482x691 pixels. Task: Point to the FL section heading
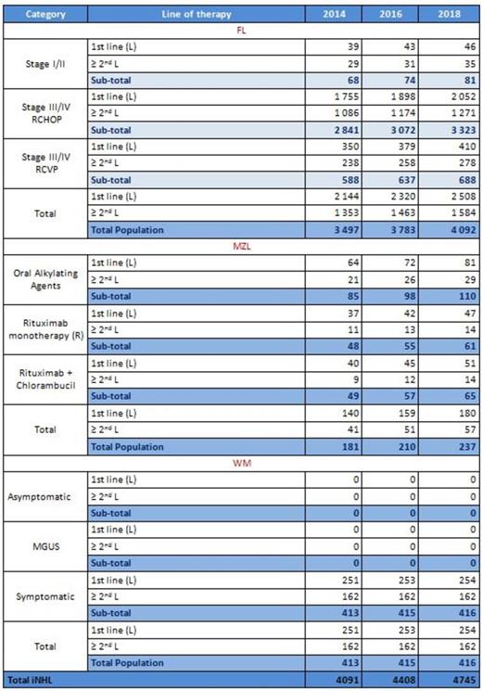pyautogui.click(x=241, y=30)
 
